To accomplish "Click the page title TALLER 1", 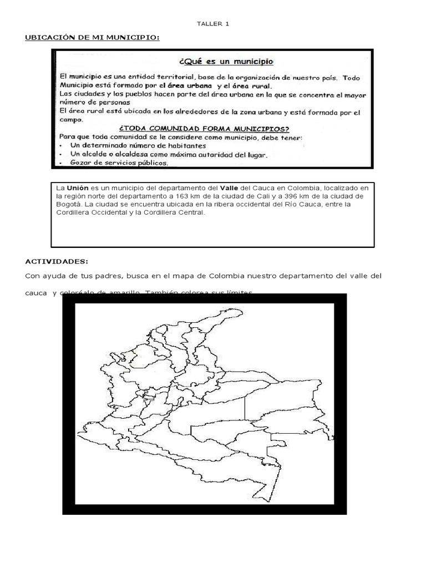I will click(x=213, y=24).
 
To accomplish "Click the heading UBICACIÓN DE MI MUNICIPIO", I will click(x=93, y=37).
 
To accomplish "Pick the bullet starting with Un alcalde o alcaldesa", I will click(x=169, y=155).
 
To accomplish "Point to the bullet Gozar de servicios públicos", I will click(x=119, y=163).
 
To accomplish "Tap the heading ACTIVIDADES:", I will click(x=57, y=261).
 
